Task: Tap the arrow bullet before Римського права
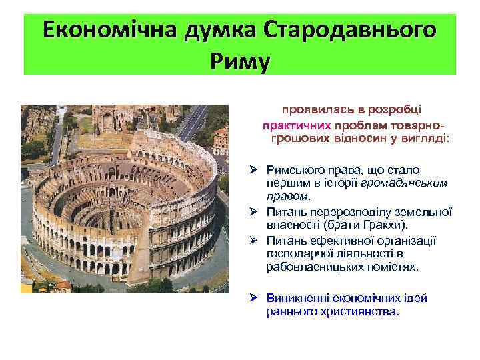point(254,170)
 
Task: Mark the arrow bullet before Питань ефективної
point(254,241)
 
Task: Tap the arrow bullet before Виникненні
point(254,297)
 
